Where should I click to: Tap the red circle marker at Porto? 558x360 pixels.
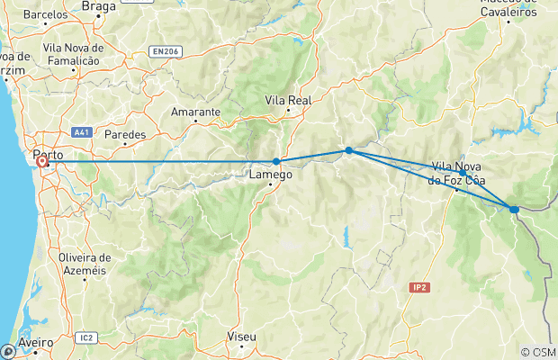pyautogui.click(x=42, y=163)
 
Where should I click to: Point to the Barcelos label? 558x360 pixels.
pyautogui.click(x=45, y=15)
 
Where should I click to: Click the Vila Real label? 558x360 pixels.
pyautogui.click(x=288, y=101)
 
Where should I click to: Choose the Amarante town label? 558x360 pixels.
pyautogui.click(x=196, y=112)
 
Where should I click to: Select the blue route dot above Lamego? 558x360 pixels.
pyautogui.click(x=276, y=162)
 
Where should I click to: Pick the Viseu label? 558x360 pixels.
pyautogui.click(x=240, y=337)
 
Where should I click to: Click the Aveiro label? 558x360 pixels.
pyautogui.click(x=37, y=343)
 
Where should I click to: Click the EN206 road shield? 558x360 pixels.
pyautogui.click(x=166, y=52)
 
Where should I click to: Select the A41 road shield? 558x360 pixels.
pyautogui.click(x=82, y=132)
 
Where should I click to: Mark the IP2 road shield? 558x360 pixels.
pyautogui.click(x=418, y=287)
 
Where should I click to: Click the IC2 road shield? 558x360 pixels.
pyautogui.click(x=86, y=338)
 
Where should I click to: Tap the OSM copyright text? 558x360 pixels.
pyautogui.click(x=538, y=352)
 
